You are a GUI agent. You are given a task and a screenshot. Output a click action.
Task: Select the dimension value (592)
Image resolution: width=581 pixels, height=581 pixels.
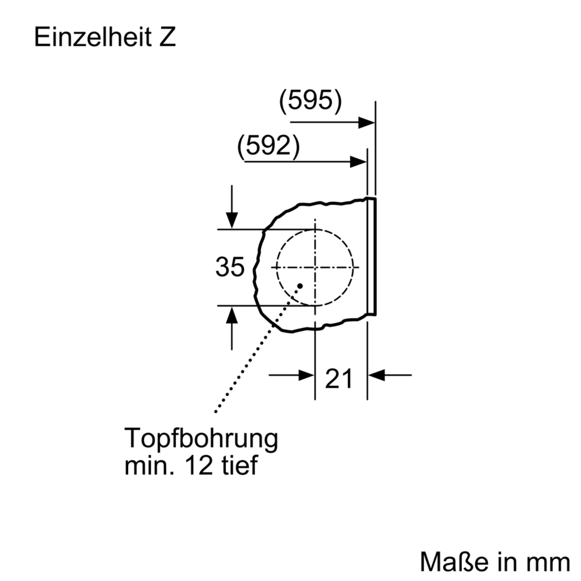269,146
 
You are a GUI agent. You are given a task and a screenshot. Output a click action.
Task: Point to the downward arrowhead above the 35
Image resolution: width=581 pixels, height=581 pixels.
232,220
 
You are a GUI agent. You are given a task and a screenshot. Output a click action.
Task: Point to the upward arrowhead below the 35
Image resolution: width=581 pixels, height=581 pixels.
232,316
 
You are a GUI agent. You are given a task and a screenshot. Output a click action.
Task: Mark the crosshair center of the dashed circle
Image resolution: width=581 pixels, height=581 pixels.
315,267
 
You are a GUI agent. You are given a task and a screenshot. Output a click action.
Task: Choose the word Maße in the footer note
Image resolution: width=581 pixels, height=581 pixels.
454,562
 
